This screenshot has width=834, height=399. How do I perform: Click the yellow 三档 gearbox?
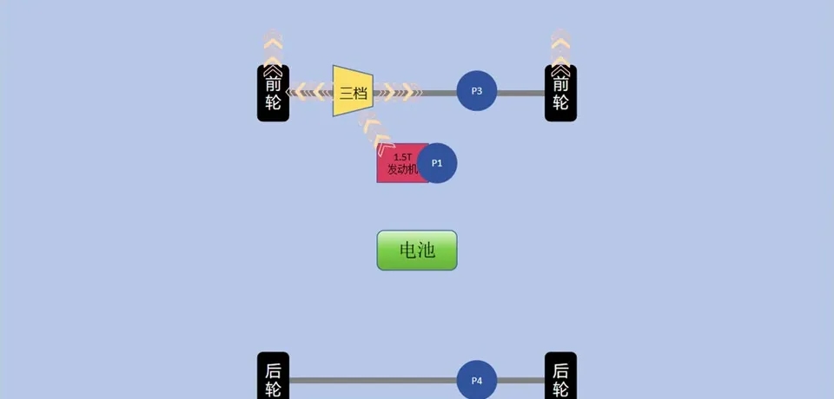(353, 91)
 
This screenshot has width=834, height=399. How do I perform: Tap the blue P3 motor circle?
(476, 91)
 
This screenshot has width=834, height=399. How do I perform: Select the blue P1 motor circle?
(437, 163)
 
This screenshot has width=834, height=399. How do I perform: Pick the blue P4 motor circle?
(476, 380)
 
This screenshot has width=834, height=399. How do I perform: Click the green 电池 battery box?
(417, 251)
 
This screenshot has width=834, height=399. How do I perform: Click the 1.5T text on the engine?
(403, 157)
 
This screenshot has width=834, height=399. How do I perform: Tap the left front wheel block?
(273, 94)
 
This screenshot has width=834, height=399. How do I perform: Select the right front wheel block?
(560, 94)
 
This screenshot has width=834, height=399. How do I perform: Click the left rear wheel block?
(273, 376)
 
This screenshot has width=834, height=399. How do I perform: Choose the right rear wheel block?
(560, 376)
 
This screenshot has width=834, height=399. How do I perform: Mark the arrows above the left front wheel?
(273, 48)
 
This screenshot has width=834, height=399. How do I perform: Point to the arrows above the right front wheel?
(560, 48)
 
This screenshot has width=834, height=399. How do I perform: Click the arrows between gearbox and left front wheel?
(310, 91)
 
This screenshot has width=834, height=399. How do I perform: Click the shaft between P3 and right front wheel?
(520, 92)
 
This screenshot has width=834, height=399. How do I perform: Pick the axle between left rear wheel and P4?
(373, 380)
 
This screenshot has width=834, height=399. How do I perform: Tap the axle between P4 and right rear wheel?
(520, 380)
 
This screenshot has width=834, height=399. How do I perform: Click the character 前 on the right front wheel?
(560, 84)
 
